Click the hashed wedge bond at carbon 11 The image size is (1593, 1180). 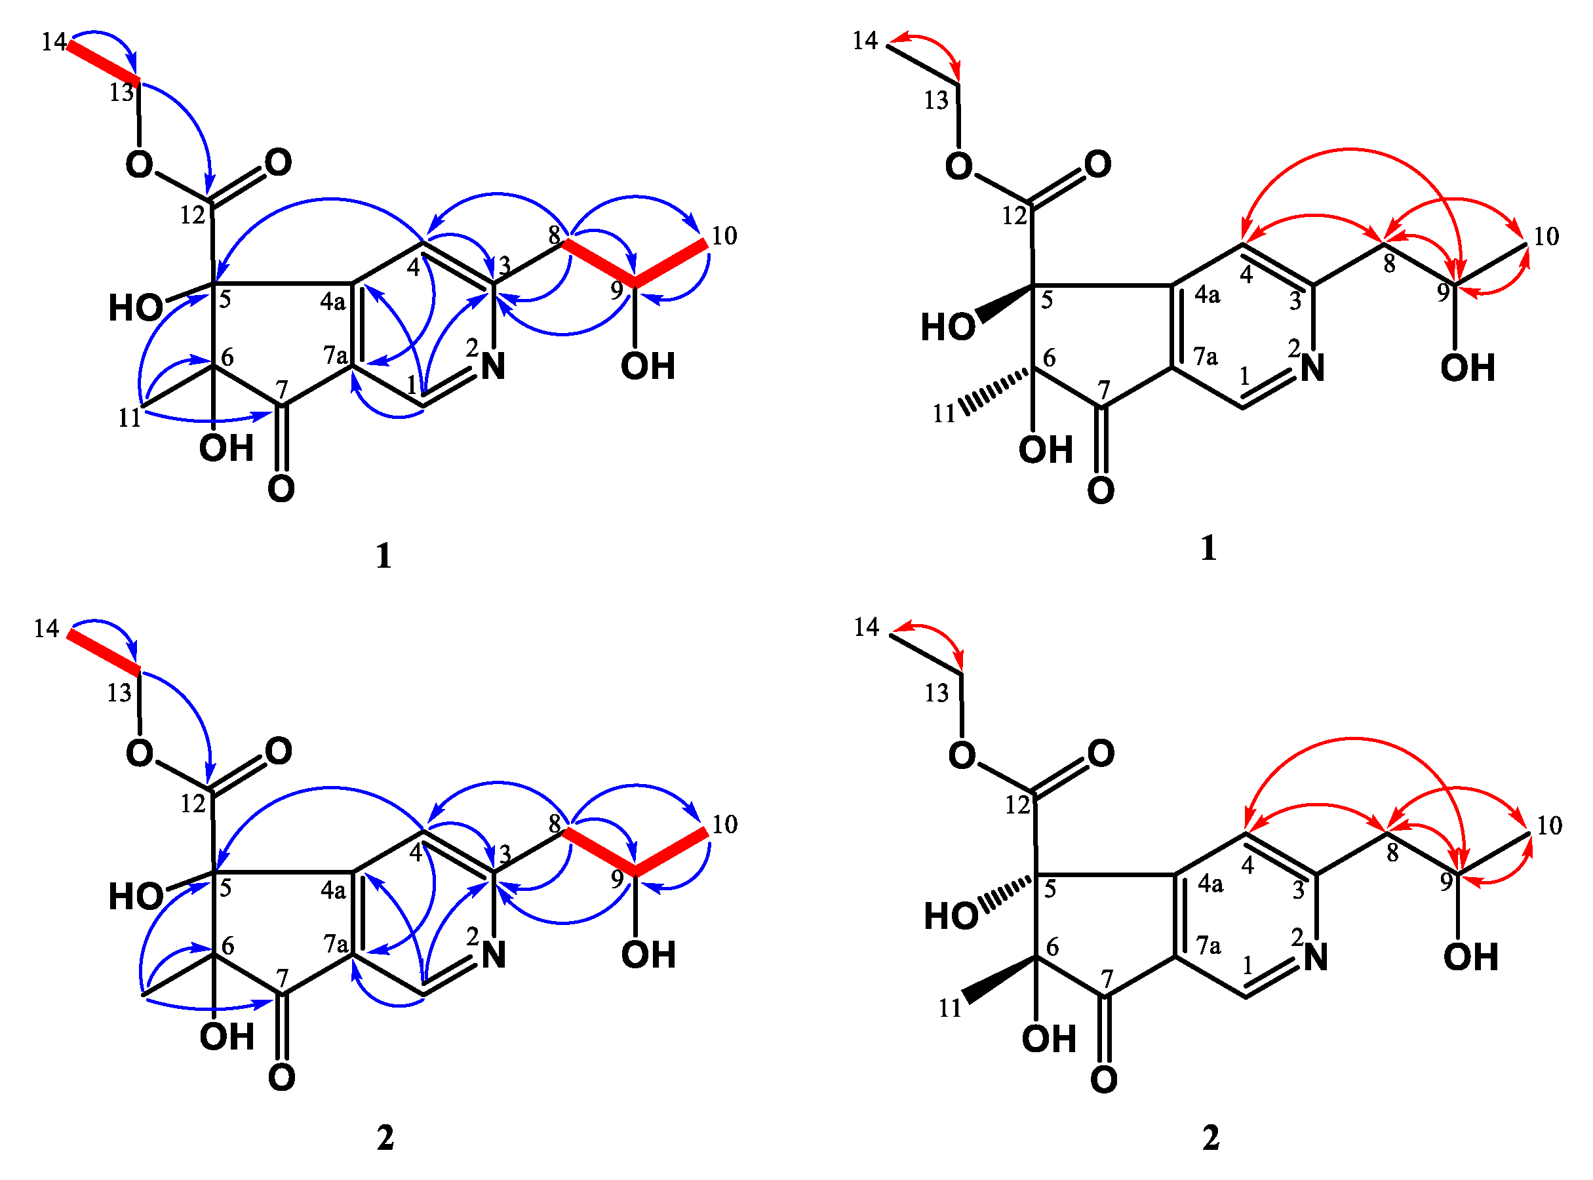point(995,391)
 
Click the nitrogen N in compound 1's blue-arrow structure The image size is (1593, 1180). point(493,366)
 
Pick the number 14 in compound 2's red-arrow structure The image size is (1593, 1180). point(866,627)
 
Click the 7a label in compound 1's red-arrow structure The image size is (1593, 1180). point(1206,356)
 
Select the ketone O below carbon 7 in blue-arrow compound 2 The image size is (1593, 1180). point(281,1077)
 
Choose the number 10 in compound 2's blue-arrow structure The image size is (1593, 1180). point(724,824)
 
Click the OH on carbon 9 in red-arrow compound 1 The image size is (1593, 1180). point(1467,368)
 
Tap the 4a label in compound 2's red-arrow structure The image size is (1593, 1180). point(1211,884)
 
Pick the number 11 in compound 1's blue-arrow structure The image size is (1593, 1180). point(129,418)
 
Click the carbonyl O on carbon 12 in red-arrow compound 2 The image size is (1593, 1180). point(1101,754)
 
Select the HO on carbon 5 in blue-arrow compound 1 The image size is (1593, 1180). point(135,308)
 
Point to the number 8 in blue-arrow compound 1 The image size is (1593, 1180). point(555,233)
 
